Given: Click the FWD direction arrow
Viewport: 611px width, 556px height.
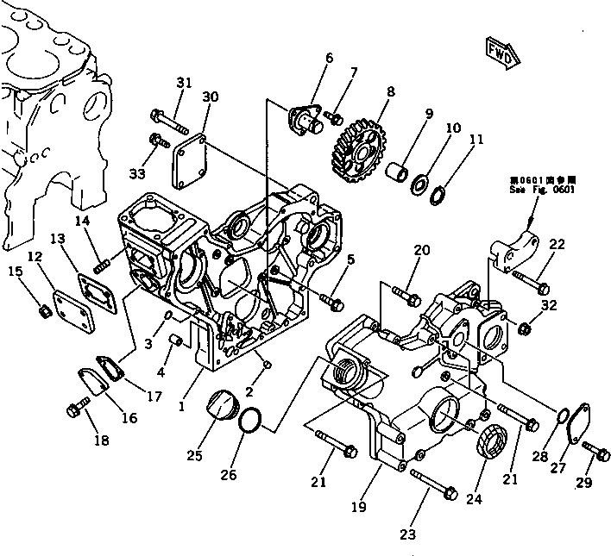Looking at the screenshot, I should tap(501, 52).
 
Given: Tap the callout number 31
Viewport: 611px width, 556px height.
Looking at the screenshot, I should tap(182, 82).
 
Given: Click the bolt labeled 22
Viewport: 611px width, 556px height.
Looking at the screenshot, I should tap(529, 278).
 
